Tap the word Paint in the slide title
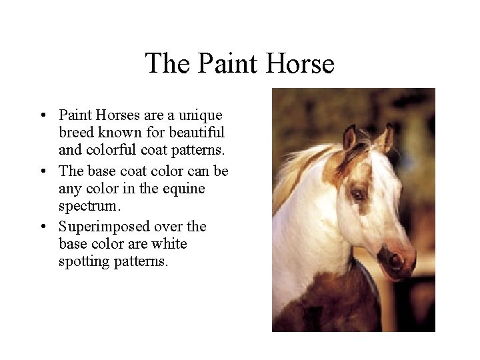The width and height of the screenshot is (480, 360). (x=225, y=64)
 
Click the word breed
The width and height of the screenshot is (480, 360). (x=77, y=133)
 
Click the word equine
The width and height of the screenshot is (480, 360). (x=183, y=189)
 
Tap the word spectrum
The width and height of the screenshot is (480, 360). (x=87, y=207)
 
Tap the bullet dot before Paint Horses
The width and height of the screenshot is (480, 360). (x=43, y=116)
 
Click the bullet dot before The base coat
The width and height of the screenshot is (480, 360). (x=43, y=172)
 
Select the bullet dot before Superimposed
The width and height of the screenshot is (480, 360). (x=43, y=227)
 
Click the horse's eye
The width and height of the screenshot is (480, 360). (x=358, y=195)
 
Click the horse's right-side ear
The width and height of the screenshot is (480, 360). (x=385, y=138)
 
